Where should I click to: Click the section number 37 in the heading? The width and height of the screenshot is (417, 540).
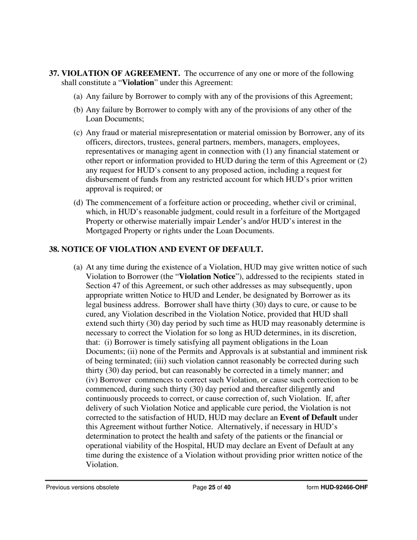54,73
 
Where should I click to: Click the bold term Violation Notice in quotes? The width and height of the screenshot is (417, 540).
208,277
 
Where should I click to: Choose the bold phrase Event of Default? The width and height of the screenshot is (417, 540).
308,417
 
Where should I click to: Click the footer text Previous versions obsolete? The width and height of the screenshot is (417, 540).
83,487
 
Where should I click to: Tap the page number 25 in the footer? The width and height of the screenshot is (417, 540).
212,487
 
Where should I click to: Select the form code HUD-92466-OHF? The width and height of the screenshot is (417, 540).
344,487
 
